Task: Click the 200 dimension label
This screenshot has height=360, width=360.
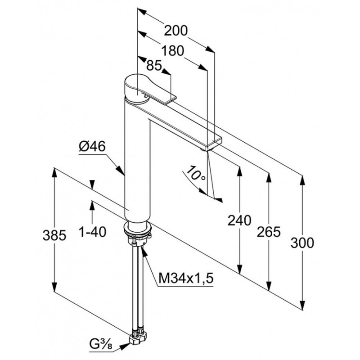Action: pyautogui.click(x=175, y=31)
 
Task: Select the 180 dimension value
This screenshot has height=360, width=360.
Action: pyautogui.click(x=173, y=51)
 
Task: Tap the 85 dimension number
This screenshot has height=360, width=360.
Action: pyautogui.click(x=154, y=66)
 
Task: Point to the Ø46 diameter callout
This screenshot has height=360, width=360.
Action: pyautogui.click(x=92, y=146)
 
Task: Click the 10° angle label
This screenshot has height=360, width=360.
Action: pyautogui.click(x=195, y=173)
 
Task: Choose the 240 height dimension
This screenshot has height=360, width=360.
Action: pyautogui.click(x=239, y=220)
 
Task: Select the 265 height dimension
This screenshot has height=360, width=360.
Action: pyautogui.click(x=269, y=232)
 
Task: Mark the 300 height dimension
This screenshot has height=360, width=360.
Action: pyautogui.click(x=302, y=243)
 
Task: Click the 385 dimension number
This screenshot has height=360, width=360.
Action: pyautogui.click(x=54, y=235)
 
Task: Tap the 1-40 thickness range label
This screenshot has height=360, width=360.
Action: pyautogui.click(x=92, y=232)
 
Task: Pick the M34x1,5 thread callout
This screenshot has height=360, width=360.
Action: pyautogui.click(x=186, y=278)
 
